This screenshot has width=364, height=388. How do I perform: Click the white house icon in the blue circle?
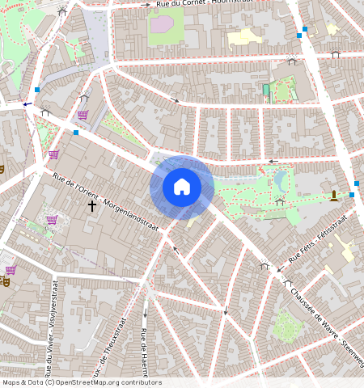pos(182,187)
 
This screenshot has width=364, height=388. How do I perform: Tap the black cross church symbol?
pos(92,206)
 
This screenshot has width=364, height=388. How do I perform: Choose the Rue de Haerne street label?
pos(144,352)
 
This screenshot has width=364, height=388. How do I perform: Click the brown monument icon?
pos(334,195)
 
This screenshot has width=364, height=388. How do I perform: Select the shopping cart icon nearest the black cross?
pos(53,220)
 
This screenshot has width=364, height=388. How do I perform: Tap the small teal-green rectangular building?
pos(266,89)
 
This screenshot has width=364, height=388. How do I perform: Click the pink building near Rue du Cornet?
pos(162,24)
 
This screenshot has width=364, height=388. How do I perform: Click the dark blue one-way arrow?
pos(28,104)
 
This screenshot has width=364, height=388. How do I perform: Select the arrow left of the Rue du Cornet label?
pos(146,4)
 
